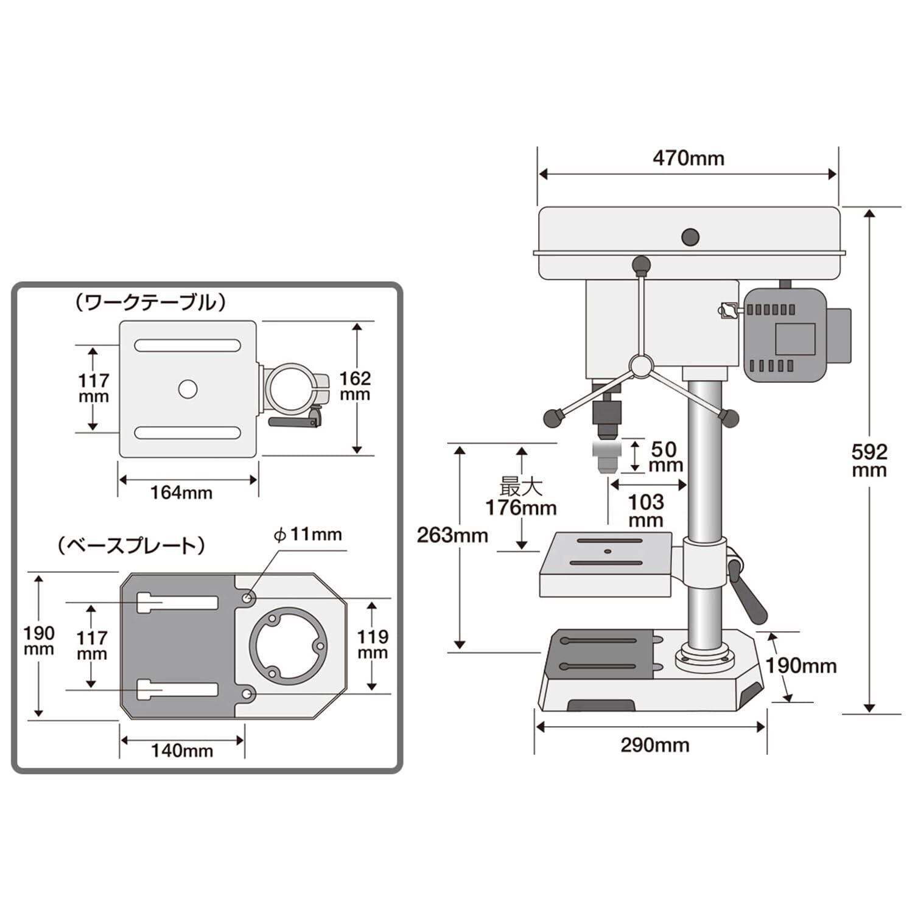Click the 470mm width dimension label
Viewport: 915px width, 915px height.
point(689,159)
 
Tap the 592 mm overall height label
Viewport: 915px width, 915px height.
point(869,461)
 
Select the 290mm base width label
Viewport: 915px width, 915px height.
point(655,745)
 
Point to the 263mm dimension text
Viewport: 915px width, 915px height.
point(452,535)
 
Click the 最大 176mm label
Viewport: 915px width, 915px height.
point(521,498)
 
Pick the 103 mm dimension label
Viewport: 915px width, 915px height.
point(646,511)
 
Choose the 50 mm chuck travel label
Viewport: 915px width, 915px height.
point(664,457)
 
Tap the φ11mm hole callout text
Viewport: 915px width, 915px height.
point(307,535)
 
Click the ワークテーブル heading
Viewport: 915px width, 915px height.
point(149,302)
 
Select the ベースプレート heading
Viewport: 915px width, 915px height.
point(131,545)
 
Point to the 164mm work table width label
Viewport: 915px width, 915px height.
point(181,493)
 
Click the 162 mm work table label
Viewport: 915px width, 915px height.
point(355,386)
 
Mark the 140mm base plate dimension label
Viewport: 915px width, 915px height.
point(182,751)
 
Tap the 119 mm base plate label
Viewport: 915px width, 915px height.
point(372,645)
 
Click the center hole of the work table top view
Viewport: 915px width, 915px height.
point(188,389)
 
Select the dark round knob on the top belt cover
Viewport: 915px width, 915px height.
point(690,236)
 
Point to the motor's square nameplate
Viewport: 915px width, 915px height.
point(794,338)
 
